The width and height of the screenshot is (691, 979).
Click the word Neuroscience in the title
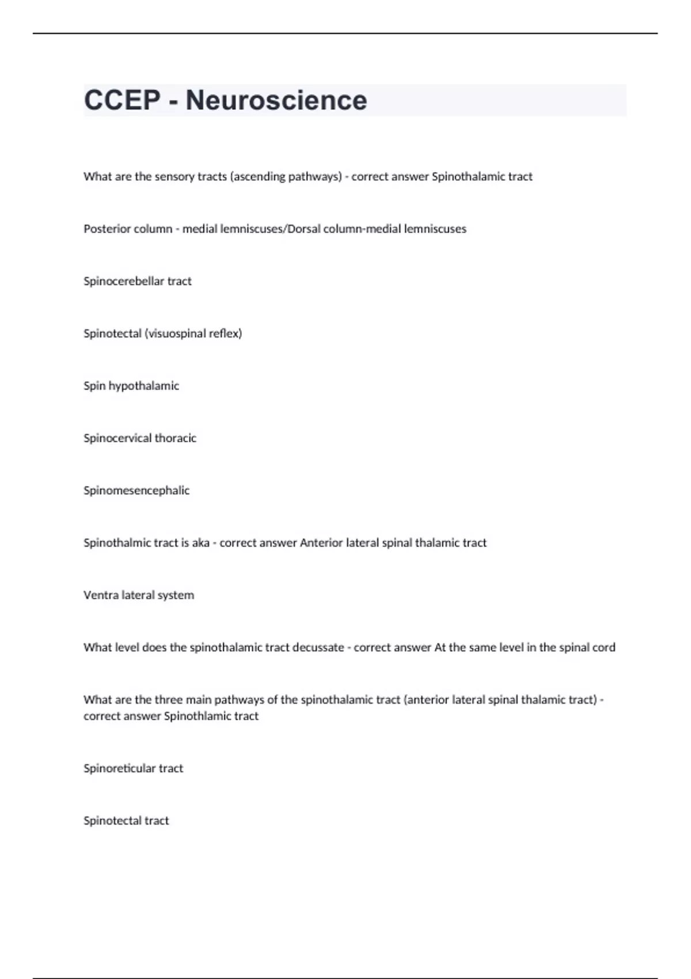[276, 100]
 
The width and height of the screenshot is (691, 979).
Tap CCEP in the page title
[122, 100]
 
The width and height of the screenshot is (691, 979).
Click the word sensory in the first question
[174, 177]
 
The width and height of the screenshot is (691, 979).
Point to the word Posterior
[107, 229]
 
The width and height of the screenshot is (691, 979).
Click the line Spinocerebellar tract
[138, 281]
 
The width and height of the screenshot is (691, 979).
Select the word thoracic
[176, 438]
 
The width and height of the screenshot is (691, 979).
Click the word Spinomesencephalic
[136, 491]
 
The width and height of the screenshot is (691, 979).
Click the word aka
[200, 543]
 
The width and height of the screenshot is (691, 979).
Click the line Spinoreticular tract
[133, 769]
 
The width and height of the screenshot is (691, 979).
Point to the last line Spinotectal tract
[126, 821]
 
